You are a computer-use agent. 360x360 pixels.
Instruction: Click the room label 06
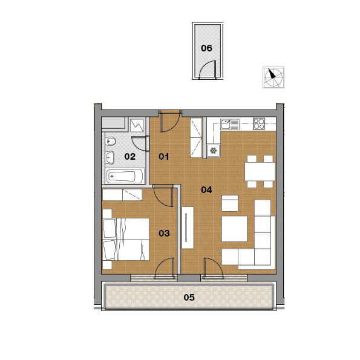206,48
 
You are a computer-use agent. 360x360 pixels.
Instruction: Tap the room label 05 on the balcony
189,298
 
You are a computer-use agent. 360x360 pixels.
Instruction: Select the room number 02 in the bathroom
129,157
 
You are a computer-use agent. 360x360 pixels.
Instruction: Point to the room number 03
164,234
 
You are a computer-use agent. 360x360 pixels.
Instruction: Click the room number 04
206,189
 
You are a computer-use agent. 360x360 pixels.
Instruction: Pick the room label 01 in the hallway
164,157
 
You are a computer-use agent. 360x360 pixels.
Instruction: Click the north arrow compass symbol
273,77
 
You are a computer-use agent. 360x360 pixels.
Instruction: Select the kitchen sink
230,124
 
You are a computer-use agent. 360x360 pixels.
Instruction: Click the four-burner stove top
259,124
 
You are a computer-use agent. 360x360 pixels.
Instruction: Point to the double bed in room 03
126,239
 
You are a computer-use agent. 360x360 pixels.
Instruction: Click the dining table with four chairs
260,171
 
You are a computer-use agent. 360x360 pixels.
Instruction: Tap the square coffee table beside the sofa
234,229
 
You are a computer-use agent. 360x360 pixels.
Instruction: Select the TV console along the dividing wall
188,227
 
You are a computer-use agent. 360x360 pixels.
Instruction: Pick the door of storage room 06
208,70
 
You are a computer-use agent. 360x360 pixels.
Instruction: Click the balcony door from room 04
214,268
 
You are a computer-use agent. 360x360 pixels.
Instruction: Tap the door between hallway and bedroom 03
163,195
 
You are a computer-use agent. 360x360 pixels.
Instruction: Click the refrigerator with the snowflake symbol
214,151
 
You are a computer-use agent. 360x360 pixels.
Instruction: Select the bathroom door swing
140,143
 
